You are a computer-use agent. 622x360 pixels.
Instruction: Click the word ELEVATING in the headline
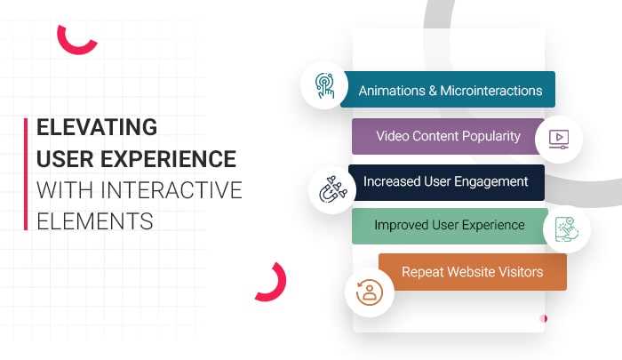tap(97, 127)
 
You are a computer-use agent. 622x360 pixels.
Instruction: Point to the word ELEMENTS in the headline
tap(95, 220)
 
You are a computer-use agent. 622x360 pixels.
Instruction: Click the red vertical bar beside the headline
tap(27, 173)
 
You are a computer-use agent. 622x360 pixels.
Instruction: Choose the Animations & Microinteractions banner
tap(450, 90)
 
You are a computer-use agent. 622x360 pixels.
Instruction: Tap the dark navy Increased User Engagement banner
tap(445, 181)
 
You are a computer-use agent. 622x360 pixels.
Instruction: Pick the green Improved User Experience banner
tap(448, 225)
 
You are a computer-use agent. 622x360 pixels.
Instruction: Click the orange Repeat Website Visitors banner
tap(472, 271)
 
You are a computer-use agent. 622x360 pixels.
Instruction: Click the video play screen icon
tap(559, 139)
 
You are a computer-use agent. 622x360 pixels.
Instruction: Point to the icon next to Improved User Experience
tap(566, 230)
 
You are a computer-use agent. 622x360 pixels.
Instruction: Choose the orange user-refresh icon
tap(368, 292)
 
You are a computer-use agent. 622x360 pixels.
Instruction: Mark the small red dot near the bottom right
tap(545, 318)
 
